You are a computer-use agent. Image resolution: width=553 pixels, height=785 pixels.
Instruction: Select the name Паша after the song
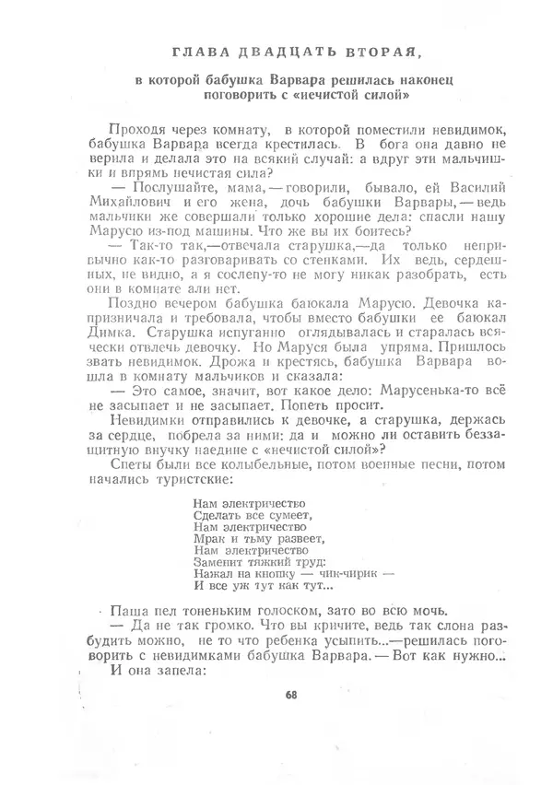126,611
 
